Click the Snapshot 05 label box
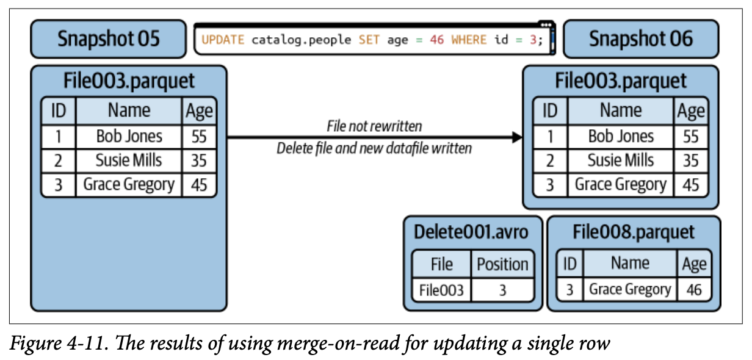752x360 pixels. coord(108,39)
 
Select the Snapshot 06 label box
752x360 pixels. coord(640,39)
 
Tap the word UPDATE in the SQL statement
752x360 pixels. coord(223,40)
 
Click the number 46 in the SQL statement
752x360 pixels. coord(436,40)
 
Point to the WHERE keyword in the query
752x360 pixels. coord(469,40)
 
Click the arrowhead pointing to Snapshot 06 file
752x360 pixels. coord(518,137)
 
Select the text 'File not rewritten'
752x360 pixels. coord(374,126)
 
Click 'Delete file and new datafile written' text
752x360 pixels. coord(374,148)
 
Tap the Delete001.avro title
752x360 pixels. coord(471,232)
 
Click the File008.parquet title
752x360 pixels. coord(634,232)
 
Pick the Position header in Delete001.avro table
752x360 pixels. coord(502,264)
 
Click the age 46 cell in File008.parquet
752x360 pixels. coord(693,289)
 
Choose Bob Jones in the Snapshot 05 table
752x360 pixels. coord(129,136)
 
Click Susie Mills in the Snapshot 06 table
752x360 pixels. coord(621,160)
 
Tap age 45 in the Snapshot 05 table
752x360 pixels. coord(199,184)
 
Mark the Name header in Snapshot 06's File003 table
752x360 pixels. coord(621,110)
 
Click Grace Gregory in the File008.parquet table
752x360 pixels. coord(629,289)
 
